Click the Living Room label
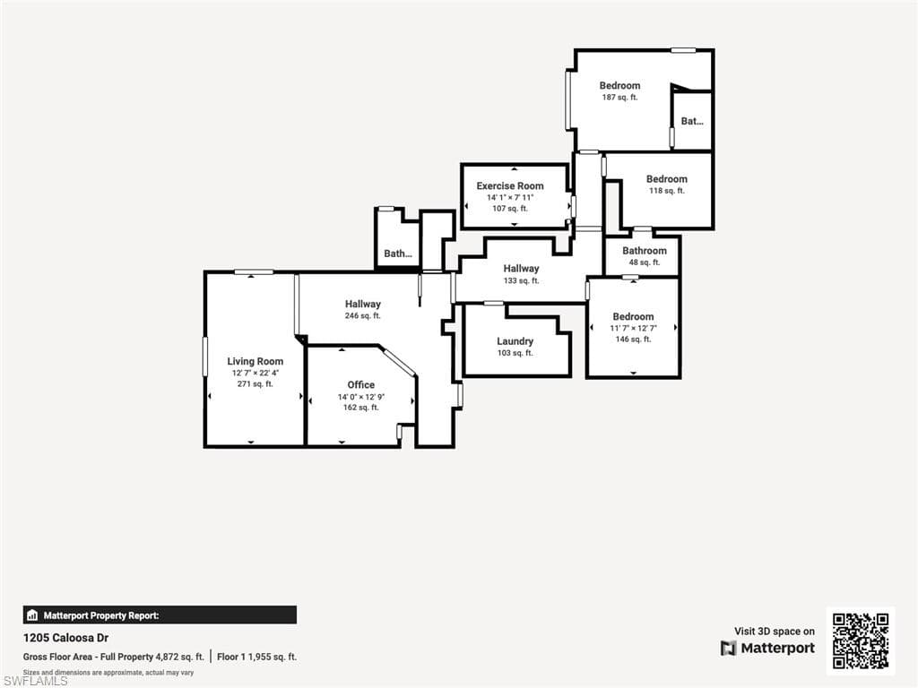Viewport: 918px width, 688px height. tap(255, 361)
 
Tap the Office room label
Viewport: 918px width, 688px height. tap(361, 384)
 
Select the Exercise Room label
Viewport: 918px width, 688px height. tap(510, 185)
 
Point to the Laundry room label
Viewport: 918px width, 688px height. tap(515, 341)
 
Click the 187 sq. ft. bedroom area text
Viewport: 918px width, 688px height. tap(620, 98)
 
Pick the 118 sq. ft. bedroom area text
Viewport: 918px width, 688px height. tap(667, 191)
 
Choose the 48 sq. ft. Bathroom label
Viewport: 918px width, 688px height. tap(645, 251)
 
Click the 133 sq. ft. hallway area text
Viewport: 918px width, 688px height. tap(521, 280)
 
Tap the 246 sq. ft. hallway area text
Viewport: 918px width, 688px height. tap(363, 316)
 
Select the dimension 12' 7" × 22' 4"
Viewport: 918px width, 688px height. tap(255, 373)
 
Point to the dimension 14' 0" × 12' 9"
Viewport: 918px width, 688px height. tap(361, 396)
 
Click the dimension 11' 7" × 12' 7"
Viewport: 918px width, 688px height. tap(633, 328)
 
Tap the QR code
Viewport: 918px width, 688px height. tap(861, 641)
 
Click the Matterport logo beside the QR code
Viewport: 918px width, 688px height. tap(768, 648)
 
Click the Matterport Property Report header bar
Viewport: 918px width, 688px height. tap(160, 615)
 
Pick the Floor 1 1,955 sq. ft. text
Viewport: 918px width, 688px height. tap(257, 657)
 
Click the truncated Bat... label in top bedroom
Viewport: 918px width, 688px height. tap(692, 121)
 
